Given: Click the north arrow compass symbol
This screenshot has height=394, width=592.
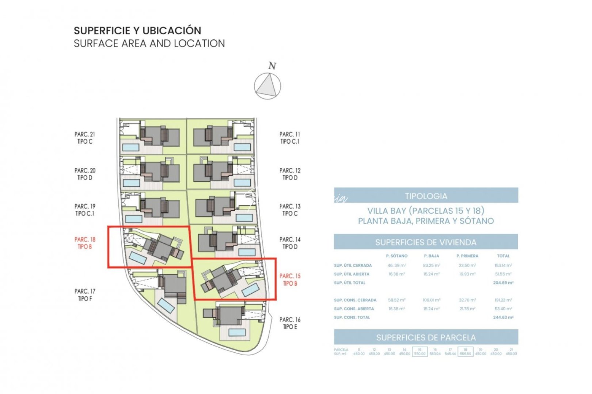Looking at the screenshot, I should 267,86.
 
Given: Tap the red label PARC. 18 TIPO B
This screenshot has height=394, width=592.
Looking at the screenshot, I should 85,243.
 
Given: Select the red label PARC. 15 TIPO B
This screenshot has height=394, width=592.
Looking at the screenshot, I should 290,279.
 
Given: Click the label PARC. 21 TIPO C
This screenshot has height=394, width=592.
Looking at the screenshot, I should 85,138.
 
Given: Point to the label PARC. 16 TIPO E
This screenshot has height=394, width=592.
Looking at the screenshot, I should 290,323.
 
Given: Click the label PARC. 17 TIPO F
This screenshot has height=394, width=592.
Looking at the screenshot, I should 85,295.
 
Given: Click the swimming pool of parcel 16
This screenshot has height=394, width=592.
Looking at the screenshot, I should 237,332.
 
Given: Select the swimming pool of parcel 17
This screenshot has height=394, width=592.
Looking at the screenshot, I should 166,306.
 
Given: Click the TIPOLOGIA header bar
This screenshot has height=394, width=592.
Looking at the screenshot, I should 426,196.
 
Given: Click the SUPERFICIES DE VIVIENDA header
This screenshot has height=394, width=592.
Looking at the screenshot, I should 426,242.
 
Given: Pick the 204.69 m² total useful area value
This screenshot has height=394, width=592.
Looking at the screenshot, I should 503,283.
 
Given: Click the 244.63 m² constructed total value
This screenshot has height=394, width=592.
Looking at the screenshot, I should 503,317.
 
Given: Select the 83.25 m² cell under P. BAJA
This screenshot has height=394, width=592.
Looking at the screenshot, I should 431,266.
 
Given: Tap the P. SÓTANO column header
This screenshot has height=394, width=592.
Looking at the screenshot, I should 396,256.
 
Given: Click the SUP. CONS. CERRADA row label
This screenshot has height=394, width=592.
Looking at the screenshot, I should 355,300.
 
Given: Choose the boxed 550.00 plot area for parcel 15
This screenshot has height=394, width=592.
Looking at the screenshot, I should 420,354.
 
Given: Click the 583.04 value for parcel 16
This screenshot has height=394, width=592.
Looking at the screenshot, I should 435,354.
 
